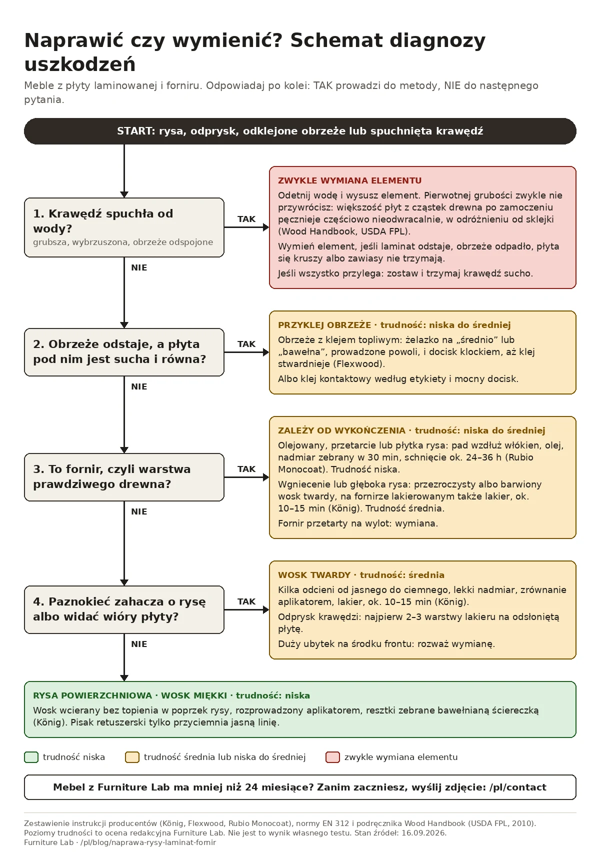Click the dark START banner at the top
(300, 131)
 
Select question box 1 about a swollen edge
(124, 227)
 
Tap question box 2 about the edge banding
(124, 352)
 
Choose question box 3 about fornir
(124, 477)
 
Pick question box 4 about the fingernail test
(124, 609)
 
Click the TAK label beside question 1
(246, 219)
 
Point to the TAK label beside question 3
(246, 469)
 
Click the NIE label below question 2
(139, 386)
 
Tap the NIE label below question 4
(139, 644)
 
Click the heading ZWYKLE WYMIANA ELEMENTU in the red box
(350, 180)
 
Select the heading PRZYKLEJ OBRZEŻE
(324, 325)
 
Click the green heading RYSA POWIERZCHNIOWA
(92, 695)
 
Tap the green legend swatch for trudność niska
(31, 757)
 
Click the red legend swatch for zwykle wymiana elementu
(332, 757)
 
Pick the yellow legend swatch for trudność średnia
(132, 757)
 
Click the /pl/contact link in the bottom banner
(517, 787)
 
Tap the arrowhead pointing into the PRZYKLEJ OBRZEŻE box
(266, 352)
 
